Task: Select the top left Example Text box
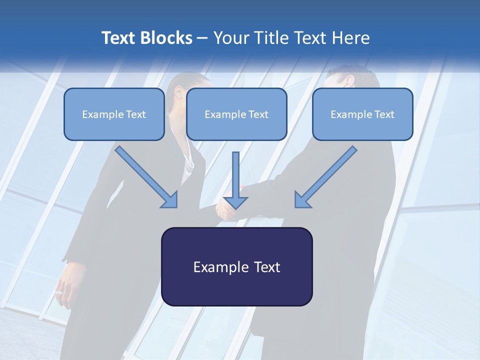click(114, 114)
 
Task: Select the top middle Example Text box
click(236, 114)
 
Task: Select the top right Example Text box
click(362, 114)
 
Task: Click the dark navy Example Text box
click(236, 266)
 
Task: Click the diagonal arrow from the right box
click(327, 176)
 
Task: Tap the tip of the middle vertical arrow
click(235, 207)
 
